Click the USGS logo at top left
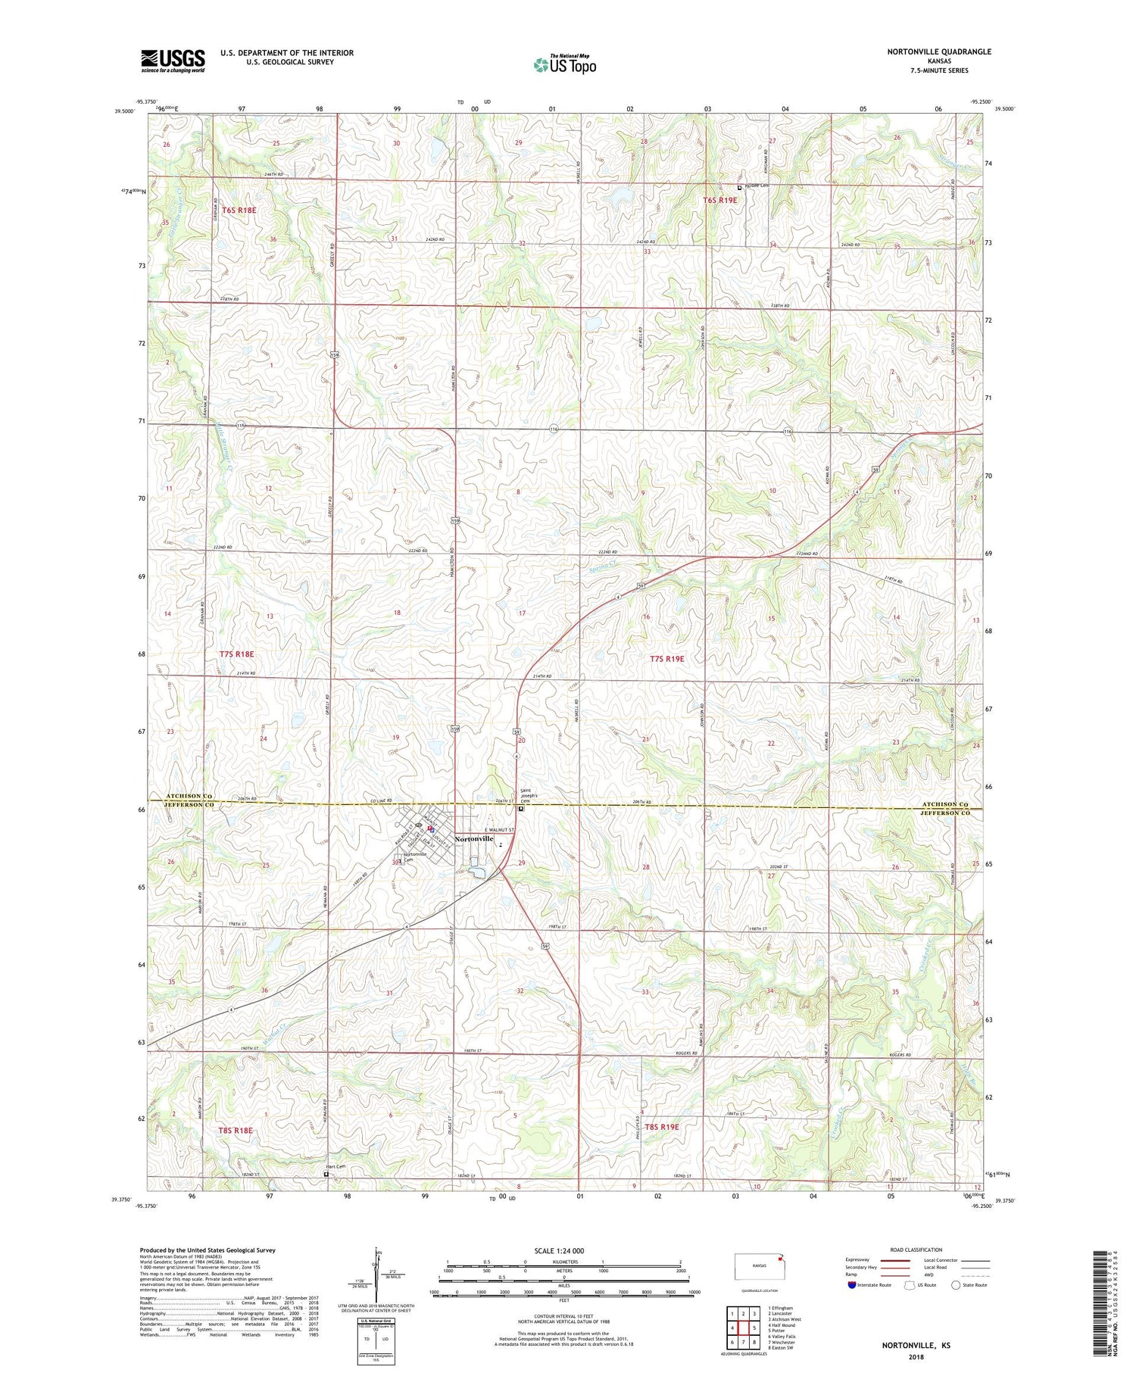click(x=173, y=61)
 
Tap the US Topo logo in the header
click(x=565, y=64)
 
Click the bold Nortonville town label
click(x=474, y=839)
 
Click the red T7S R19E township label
click(x=666, y=659)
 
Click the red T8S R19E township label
click(x=661, y=1127)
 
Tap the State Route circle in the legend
click(x=956, y=1285)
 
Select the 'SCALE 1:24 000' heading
click(x=562, y=1250)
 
